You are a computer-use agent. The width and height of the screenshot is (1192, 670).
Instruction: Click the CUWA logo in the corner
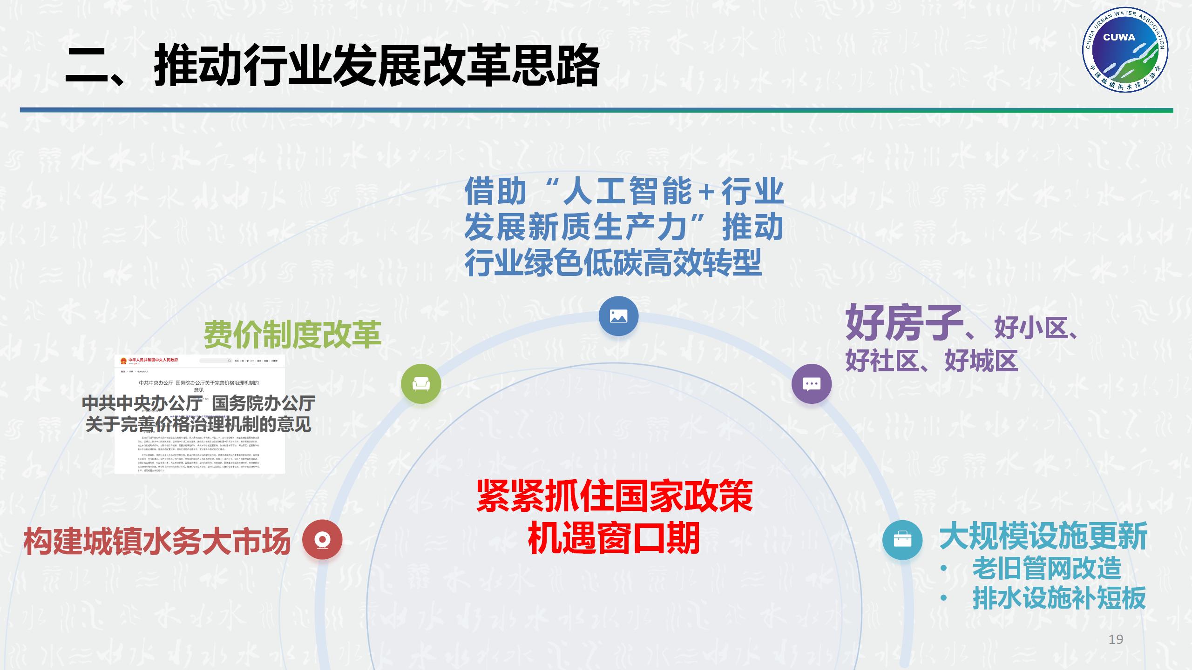1125,52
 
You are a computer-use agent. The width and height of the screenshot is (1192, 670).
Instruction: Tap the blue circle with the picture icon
618,316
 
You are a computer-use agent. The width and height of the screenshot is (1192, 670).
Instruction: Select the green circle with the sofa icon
421,384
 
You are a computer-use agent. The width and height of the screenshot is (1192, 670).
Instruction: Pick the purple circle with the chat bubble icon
812,384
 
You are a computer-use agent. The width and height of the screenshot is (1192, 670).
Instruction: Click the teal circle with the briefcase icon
902,540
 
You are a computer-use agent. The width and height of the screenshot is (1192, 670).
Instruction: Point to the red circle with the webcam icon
322,540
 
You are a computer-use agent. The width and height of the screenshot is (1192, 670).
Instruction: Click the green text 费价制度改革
292,335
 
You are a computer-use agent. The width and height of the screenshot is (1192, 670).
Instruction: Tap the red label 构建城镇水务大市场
157,541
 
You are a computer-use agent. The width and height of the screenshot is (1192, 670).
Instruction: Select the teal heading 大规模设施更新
1043,536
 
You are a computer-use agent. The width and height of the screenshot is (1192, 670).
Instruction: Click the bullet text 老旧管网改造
1047,568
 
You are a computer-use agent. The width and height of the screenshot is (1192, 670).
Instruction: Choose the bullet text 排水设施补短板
1059,598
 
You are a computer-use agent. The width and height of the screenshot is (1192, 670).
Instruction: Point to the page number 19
1116,639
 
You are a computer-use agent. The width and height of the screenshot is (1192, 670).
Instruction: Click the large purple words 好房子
903,322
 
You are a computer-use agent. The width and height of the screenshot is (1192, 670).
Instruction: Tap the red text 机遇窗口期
614,537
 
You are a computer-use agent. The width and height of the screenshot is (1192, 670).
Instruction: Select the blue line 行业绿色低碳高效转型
613,263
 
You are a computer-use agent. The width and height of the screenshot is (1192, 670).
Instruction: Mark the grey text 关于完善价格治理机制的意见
198,424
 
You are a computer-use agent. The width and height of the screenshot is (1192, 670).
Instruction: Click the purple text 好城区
981,360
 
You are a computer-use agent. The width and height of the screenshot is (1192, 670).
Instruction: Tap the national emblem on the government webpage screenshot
123,361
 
